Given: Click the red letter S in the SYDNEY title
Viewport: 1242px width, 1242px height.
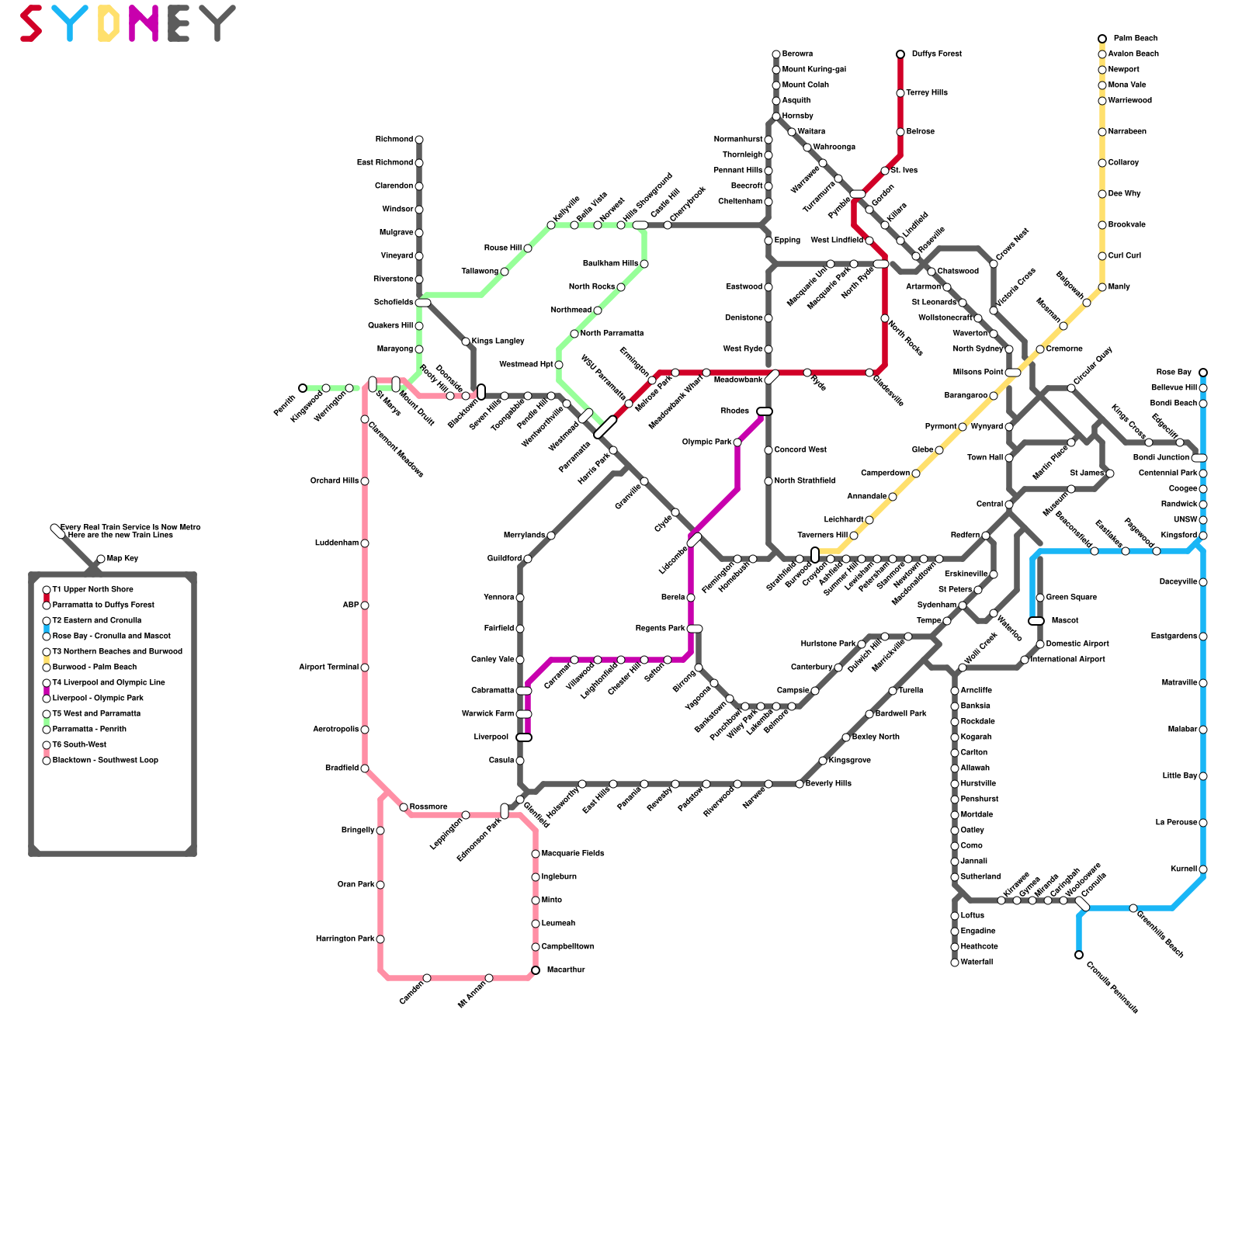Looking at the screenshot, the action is click(x=31, y=23).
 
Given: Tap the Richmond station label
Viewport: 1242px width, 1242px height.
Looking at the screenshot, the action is click(x=394, y=140).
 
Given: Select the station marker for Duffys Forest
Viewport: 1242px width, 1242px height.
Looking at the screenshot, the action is click(x=900, y=54).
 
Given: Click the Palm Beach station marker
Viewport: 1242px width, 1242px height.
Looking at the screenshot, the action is click(x=1102, y=39).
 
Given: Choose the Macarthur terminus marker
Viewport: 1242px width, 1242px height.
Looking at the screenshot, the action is click(x=536, y=970).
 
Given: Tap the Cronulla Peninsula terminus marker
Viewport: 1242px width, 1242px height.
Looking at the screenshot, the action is click(x=1079, y=955).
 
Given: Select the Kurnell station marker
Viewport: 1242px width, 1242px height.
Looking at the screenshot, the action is click(x=1203, y=869).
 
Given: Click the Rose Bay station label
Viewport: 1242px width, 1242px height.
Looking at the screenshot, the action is click(x=1173, y=373).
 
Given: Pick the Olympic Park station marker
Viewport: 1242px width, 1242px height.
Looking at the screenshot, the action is click(x=737, y=442).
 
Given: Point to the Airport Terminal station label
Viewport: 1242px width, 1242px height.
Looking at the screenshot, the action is click(x=328, y=668).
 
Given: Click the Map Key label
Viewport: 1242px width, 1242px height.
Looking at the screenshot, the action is click(x=123, y=559).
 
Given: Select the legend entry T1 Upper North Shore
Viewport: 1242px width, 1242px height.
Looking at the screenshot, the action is click(x=92, y=590).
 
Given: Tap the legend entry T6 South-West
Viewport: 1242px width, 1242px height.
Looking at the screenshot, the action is click(x=79, y=745).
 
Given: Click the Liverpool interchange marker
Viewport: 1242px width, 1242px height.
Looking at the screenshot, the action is click(x=524, y=737).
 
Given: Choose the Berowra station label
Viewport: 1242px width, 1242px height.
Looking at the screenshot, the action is click(x=797, y=54).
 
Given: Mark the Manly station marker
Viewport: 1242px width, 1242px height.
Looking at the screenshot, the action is click(x=1102, y=287).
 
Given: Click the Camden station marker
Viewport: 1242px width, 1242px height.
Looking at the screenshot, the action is click(x=427, y=978).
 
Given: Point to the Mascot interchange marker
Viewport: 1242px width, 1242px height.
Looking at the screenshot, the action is click(x=1036, y=621).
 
